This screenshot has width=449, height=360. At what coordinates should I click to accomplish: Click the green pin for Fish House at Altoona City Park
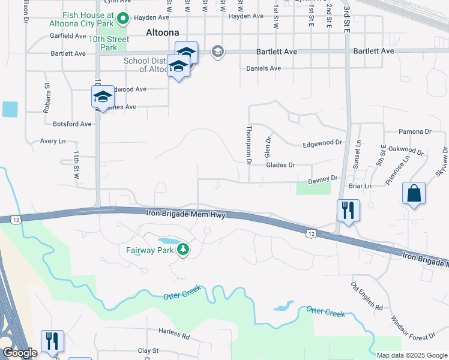pos(123,19)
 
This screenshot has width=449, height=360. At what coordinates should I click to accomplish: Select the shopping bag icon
pos(414,194)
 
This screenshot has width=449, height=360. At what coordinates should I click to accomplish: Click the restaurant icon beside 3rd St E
pos(348,211)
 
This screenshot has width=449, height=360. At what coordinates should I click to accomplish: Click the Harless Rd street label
pos(174,331)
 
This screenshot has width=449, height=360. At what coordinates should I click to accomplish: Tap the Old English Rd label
pos(367,296)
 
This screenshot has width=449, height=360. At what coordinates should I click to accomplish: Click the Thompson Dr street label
pos(248,144)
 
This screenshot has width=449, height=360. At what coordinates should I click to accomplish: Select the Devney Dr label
pos(324,179)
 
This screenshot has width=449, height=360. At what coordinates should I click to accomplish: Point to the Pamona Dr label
pos(415,131)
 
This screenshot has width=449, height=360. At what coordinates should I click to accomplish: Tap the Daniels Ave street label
pos(264,68)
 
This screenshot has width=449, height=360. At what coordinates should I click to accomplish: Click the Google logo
pos(19,353)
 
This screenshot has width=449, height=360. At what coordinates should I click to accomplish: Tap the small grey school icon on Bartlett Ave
pos(217,52)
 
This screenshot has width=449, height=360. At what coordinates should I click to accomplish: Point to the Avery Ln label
pos(53,142)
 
